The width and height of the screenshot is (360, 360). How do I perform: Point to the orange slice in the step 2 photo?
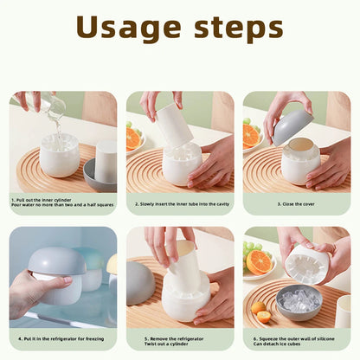click(133, 138)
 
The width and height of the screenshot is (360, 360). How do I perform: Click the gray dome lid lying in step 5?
click(140, 284)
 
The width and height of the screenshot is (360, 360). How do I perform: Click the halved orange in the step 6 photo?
click(259, 261)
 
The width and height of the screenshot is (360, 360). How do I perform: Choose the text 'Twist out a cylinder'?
click(168, 344)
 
